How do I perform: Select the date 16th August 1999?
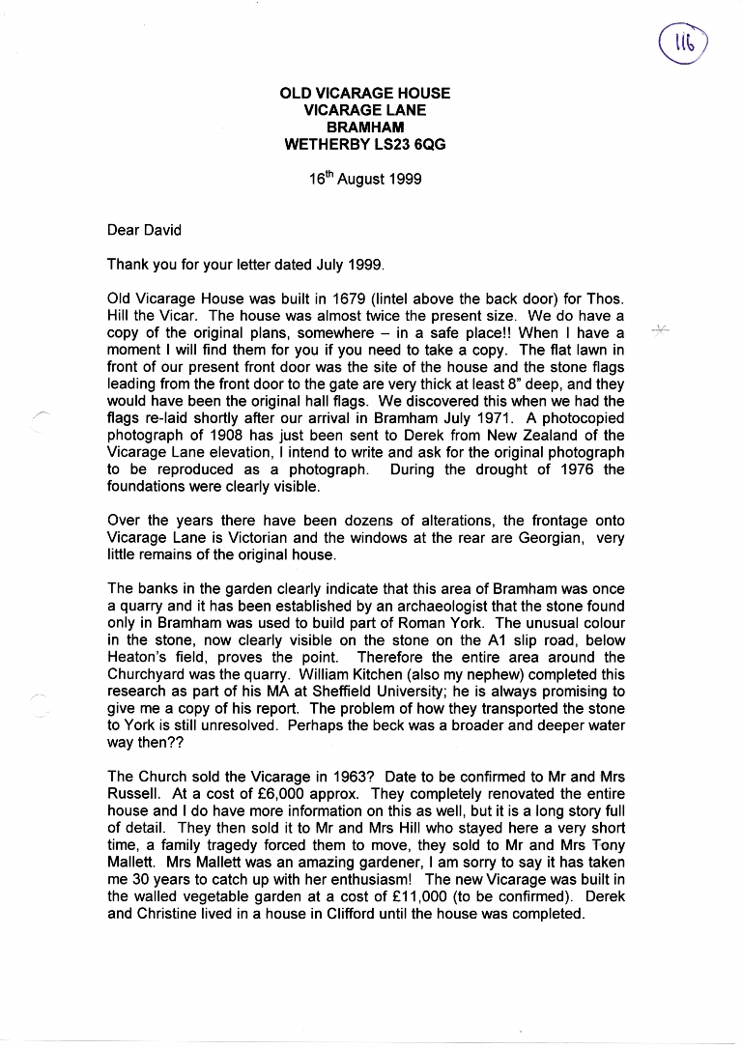point(365,179)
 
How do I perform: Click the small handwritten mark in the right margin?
point(662,330)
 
